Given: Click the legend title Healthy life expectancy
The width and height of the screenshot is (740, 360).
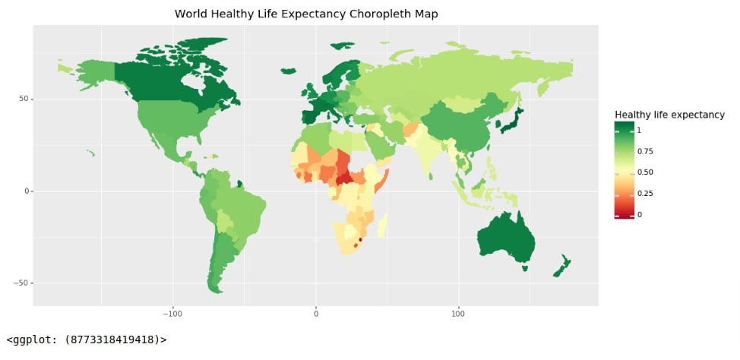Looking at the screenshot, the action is (x=669, y=115).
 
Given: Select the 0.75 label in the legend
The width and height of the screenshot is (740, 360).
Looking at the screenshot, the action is (x=645, y=151).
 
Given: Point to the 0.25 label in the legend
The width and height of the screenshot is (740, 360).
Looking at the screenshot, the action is (x=645, y=193).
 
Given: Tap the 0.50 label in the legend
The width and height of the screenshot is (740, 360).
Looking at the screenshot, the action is (x=645, y=172).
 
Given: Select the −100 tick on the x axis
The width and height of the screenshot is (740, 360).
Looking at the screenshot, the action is (x=172, y=313).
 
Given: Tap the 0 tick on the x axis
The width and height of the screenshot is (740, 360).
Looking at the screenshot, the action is (x=316, y=313).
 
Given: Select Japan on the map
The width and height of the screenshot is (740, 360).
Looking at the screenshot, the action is (x=509, y=121).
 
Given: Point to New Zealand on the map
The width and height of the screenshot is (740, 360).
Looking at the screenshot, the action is (x=561, y=267).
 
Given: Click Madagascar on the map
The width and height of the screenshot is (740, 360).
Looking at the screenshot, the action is (x=383, y=225).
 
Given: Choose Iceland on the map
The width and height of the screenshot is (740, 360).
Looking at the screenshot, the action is (x=287, y=71).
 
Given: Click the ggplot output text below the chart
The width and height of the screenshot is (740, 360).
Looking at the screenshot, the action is (x=87, y=339).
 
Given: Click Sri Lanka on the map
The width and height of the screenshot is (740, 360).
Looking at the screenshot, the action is (x=431, y=176).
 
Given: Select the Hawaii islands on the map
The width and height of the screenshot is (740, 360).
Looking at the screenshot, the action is (x=90, y=153).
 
